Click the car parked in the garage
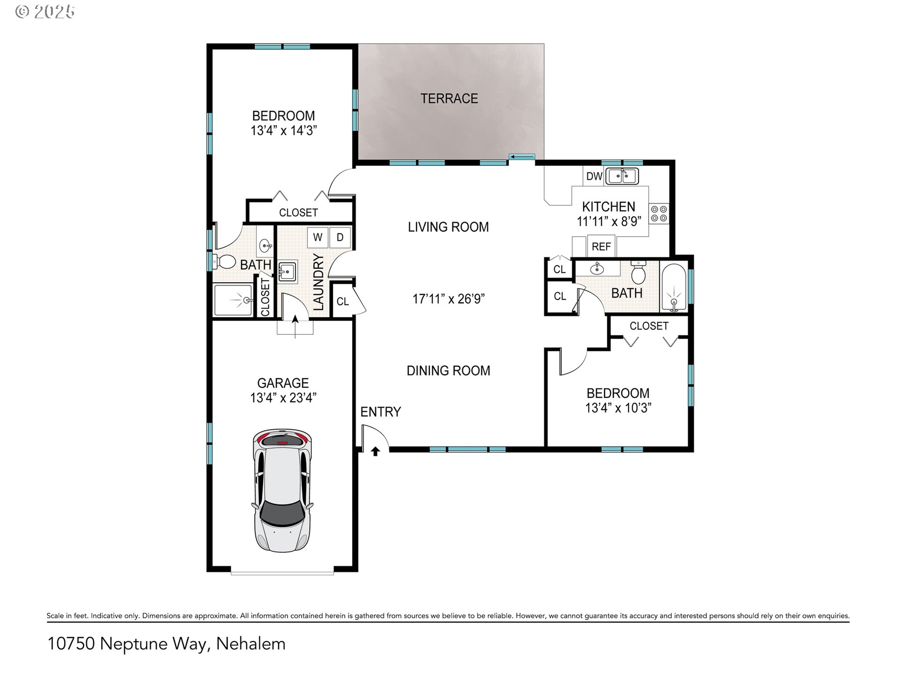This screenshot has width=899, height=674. click(282, 490)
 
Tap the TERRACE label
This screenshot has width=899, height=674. click(449, 99)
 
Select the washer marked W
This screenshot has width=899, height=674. click(317, 237)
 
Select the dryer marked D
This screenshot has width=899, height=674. click(340, 237)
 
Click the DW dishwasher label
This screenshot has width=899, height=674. click(594, 176)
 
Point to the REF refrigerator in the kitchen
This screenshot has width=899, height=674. click(601, 246)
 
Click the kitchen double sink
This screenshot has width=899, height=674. click(622, 176)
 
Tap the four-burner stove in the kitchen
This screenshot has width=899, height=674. click(659, 213)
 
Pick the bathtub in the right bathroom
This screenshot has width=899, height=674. click(673, 287)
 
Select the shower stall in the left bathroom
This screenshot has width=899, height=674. click(234, 300)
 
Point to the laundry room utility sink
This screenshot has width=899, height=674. click(287, 271)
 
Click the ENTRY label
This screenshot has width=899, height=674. click(381, 412)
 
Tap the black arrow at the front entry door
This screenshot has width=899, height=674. click(376, 451)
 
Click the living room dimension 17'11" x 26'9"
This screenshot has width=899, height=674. click(449, 299)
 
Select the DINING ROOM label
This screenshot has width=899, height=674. click(449, 371)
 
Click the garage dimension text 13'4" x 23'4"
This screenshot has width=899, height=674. click(283, 398)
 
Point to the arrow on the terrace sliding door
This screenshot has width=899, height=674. click(522, 157)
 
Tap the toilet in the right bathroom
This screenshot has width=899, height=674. click(638, 271)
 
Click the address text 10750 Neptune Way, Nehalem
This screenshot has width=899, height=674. click(166, 644)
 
